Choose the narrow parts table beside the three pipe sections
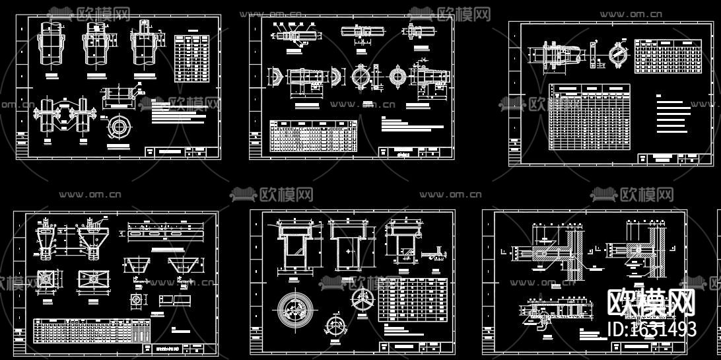tap(191, 58)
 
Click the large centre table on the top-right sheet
tap(589, 116)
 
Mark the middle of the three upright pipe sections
tap(96, 45)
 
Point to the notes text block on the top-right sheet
tap(672, 112)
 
